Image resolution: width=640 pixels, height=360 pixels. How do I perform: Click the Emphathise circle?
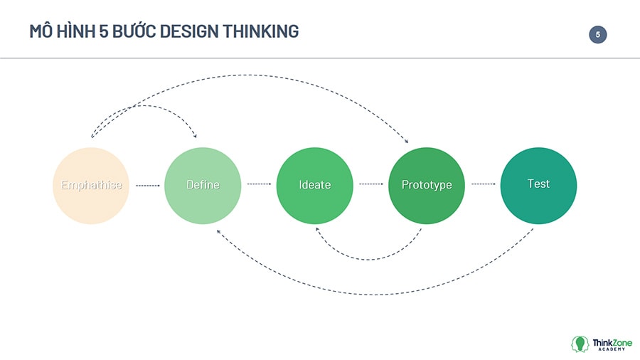[91, 186]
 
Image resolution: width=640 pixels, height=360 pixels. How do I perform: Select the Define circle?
[203, 186]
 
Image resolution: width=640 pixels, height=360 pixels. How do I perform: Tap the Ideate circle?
[315, 186]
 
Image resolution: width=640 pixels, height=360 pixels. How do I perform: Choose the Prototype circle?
[427, 186]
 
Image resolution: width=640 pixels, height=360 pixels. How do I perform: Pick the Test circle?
[538, 186]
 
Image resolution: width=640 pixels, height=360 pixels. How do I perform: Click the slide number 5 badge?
[597, 35]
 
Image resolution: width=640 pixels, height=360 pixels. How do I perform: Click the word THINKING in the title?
[261, 31]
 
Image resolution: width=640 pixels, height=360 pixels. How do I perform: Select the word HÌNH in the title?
[75, 31]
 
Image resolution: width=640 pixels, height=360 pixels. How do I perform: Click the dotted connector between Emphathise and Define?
[147, 185]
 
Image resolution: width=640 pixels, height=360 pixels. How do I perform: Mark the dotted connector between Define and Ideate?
[259, 184]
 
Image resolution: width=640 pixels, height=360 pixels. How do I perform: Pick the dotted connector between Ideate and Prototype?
[371, 184]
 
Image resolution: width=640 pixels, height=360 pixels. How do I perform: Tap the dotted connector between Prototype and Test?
[484, 184]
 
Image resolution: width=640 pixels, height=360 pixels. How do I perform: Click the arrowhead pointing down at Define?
[195, 136]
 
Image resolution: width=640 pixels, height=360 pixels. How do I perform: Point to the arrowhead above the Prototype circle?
[406, 141]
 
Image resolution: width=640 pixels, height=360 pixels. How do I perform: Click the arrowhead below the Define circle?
[219, 232]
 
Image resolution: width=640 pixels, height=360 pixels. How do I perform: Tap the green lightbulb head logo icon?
[580, 344]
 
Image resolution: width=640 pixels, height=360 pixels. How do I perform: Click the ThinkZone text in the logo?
[612, 342]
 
